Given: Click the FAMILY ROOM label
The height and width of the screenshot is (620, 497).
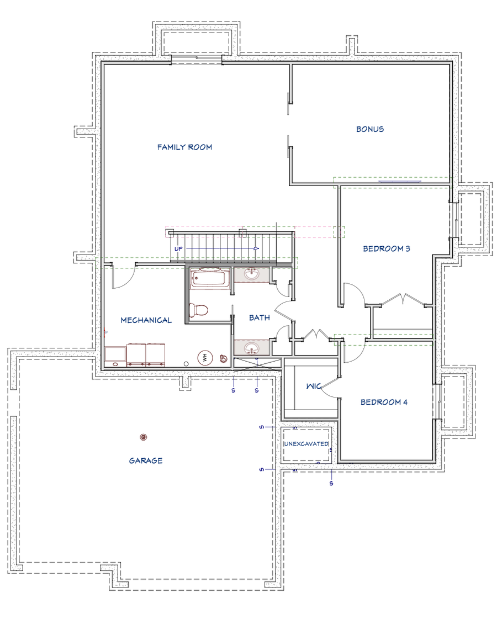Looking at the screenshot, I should click(184, 147).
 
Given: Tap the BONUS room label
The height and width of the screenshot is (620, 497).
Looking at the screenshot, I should click(369, 129).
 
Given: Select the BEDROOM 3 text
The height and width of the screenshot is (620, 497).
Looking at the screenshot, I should click(386, 248).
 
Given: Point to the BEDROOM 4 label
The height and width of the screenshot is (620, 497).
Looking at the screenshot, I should click(384, 402).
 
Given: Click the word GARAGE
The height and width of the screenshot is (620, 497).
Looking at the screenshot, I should click(146, 460).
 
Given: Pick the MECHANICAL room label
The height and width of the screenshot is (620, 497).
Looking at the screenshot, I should click(146, 320).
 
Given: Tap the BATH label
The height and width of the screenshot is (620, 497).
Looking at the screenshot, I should click(259, 317).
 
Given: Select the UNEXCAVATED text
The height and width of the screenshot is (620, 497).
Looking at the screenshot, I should click(306, 444).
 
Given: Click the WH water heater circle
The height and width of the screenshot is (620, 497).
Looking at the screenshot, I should click(204, 358).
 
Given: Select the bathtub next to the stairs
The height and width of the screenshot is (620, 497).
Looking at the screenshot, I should click(210, 278).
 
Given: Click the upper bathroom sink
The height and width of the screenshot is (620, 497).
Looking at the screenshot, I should click(252, 274).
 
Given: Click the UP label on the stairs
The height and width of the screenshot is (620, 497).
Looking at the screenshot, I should click(178, 249).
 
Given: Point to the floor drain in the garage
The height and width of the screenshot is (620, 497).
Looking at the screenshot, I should click(144, 437).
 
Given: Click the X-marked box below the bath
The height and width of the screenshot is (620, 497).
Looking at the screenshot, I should click(258, 363).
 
